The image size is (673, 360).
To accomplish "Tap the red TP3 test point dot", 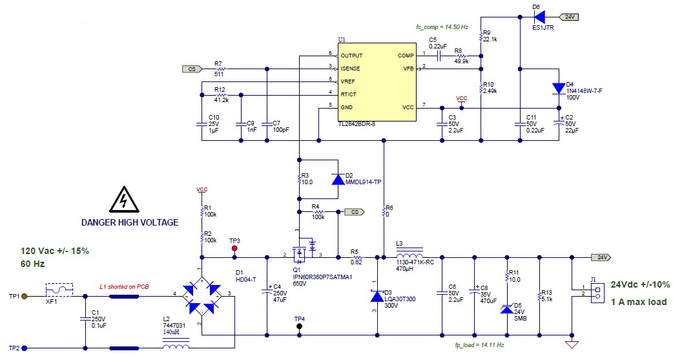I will (234, 248).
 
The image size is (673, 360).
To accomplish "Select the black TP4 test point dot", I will (299, 326).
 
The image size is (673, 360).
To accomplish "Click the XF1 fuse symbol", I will (56, 296).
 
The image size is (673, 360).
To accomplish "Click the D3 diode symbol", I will (377, 296).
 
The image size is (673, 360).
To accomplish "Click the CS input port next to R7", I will (191, 69).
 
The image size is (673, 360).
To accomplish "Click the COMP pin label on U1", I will (406, 56).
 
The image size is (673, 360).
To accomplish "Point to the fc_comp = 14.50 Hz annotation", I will (442, 27).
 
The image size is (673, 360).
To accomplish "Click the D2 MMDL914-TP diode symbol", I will (337, 179).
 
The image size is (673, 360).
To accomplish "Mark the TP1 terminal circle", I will (25, 297).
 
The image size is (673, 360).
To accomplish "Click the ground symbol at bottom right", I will (571, 343).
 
